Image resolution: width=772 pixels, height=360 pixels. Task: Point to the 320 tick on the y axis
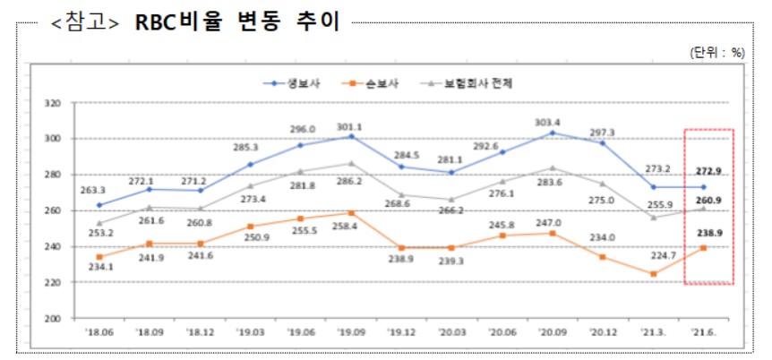(52, 103)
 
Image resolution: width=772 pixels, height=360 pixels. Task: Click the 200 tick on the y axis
(52, 318)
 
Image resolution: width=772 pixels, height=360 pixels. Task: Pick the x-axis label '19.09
(351, 334)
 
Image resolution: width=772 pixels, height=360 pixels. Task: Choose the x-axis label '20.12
(604, 334)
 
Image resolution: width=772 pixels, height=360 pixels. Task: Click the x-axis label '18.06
(99, 334)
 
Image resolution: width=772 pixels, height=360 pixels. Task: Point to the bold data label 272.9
(707, 170)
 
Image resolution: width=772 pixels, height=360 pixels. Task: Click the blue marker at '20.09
(553, 133)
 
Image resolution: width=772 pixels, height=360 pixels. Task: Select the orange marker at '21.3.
(654, 274)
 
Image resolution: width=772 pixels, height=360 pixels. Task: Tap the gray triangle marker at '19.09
(351, 163)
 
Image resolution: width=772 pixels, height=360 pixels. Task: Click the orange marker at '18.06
(99, 257)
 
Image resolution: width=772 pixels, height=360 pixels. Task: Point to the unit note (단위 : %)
(717, 52)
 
